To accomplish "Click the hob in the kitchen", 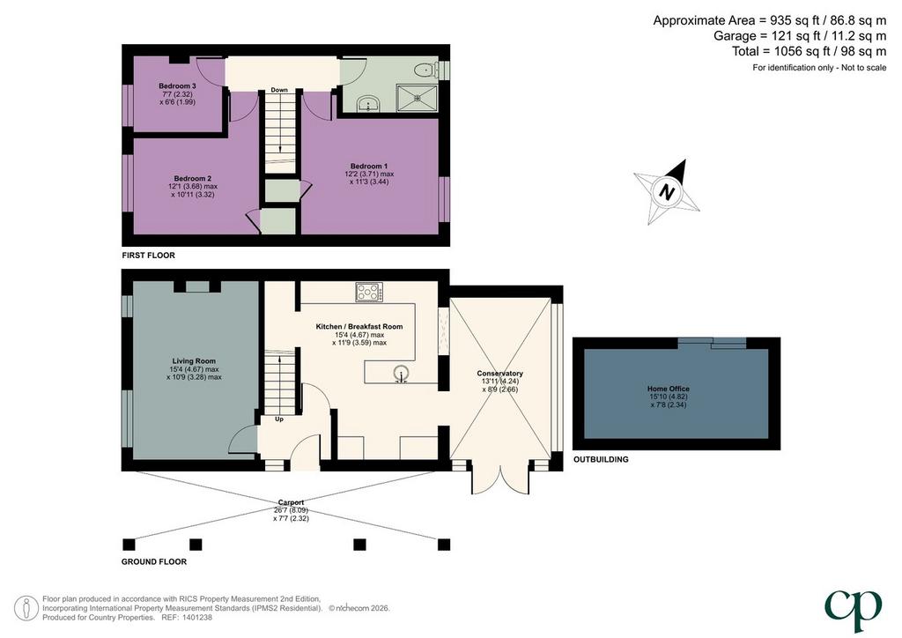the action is pos(369,293).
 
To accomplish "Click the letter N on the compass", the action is pos(667,191).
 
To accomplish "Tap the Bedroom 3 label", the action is pos(177,86).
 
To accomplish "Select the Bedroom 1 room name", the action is pos(369,167).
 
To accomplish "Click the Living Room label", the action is pos(194,361).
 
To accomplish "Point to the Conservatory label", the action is pos(500,374).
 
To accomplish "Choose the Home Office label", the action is pos(669,389).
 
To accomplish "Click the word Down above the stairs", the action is pos(279,90).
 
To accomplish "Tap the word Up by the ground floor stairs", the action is pos(279,419).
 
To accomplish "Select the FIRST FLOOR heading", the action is pos(148,256).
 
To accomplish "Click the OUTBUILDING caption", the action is pos(601,460).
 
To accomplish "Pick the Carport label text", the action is pos(291,503).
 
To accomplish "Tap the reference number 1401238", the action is pos(196,617).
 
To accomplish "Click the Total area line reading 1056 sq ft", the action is pos(810,51).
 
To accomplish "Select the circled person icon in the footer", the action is pos(26,608).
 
